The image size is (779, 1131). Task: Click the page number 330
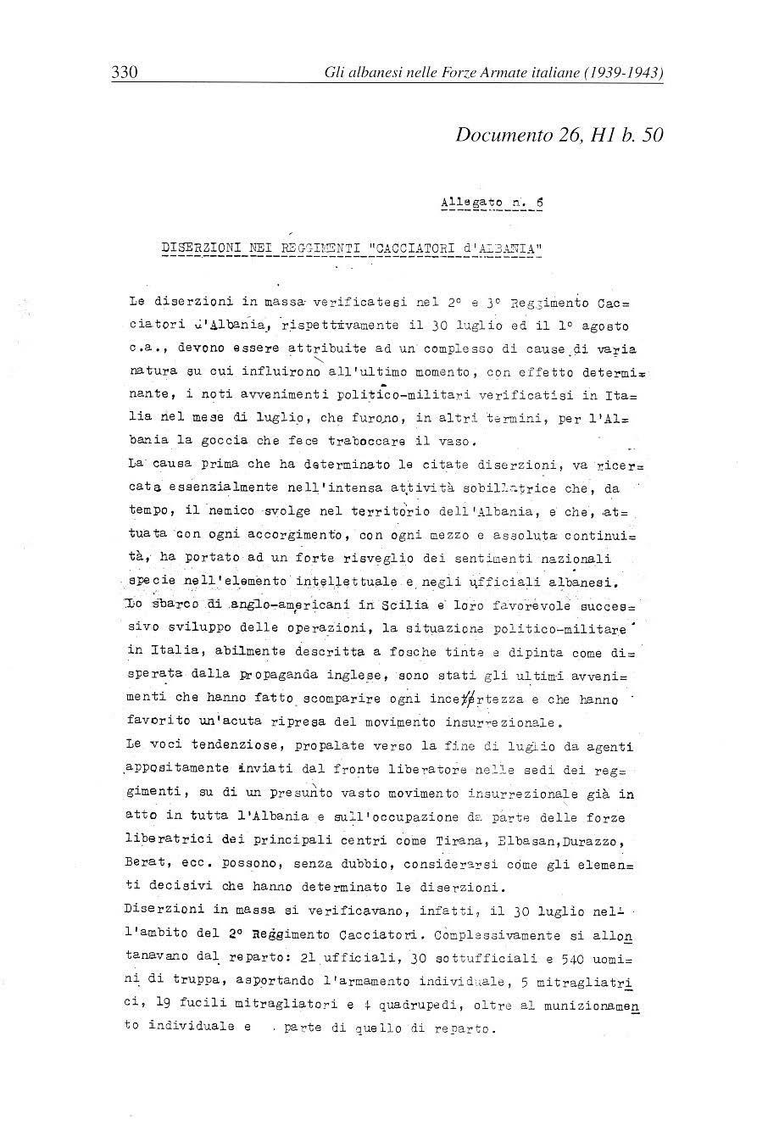(124, 73)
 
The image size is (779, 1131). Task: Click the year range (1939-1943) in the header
(624, 73)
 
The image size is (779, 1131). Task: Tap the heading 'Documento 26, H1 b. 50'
(559, 135)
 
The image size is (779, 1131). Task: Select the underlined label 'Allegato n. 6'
(492, 203)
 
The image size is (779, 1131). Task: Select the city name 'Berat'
(142, 865)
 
